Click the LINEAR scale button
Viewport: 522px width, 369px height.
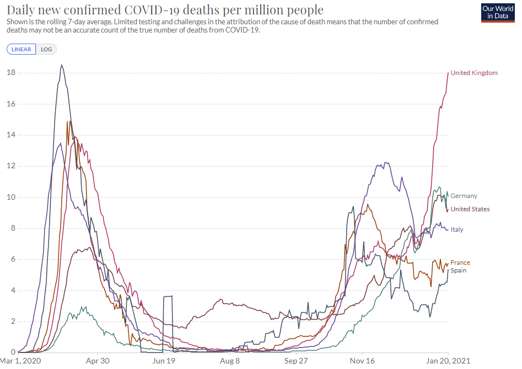[21, 49]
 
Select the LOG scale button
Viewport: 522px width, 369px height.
[46, 49]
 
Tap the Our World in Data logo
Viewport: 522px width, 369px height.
[497, 12]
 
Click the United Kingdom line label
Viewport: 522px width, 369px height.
[473, 73]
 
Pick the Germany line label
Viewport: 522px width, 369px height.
[464, 196]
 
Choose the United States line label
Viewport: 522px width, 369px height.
[470, 209]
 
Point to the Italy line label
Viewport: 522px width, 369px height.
[456, 229]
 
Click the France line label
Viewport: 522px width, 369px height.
[460, 263]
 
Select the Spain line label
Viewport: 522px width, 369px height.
[459, 270]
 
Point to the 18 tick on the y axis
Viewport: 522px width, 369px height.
[10, 73]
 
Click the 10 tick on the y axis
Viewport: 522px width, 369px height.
[10, 197]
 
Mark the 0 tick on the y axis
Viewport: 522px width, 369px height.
[13, 352]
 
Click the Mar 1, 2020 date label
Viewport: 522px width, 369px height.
[20, 361]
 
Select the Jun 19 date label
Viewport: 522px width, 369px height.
[164, 361]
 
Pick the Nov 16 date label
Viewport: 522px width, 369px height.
[363, 361]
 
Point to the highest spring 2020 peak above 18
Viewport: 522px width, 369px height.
[62, 65]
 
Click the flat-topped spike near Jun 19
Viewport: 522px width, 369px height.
[168, 296]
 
